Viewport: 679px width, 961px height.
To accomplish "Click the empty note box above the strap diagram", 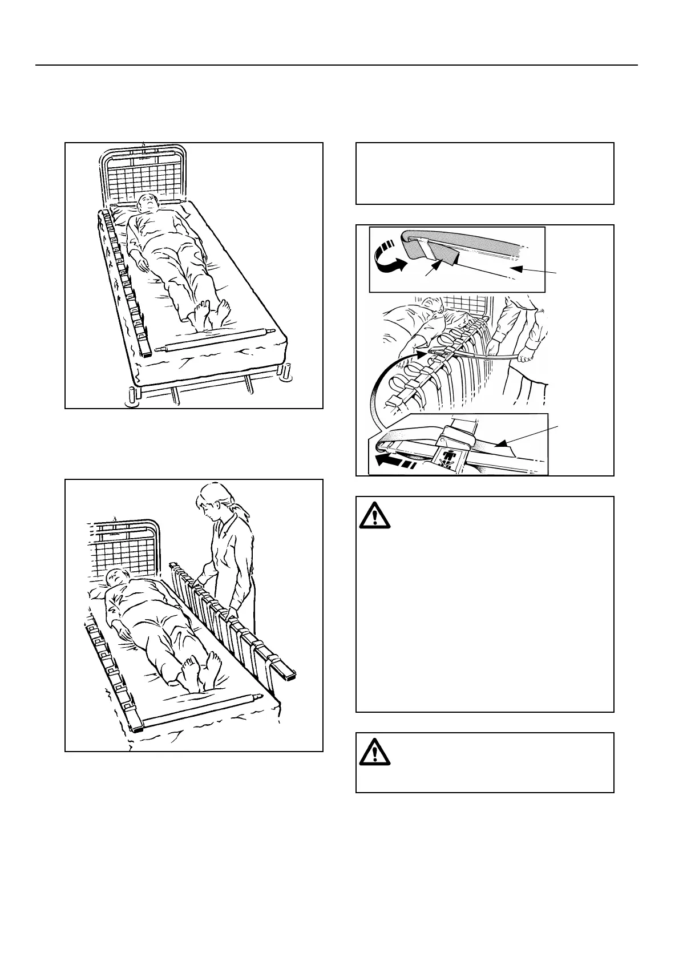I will pyautogui.click(x=484, y=173).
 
